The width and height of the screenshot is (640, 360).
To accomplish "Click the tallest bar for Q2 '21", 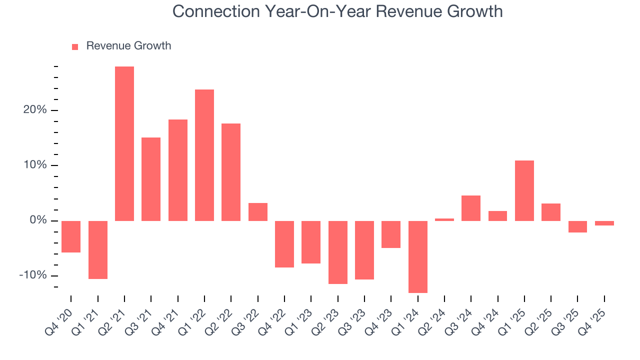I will (124, 143).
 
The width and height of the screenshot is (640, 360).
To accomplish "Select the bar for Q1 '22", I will (204, 155).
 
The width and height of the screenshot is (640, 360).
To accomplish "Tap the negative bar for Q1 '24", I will (418, 256).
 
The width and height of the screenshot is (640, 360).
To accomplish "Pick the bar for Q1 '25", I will (524, 190).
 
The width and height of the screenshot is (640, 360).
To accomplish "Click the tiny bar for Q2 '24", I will (444, 219).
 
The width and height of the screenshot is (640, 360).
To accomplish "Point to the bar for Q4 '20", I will (71, 236).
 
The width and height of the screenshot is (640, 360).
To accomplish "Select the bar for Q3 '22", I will (258, 212).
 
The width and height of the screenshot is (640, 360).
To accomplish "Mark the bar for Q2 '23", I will (338, 252).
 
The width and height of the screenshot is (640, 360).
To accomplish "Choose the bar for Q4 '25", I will (604, 223).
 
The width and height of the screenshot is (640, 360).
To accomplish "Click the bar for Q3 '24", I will (471, 208).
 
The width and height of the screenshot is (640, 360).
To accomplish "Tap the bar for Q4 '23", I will (391, 234).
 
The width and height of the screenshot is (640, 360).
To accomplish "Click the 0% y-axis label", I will (38, 220).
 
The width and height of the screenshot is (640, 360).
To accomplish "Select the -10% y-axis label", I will (33, 275).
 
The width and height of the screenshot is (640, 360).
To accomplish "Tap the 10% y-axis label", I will (35, 165).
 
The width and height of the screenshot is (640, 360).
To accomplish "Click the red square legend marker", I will (75, 46).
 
